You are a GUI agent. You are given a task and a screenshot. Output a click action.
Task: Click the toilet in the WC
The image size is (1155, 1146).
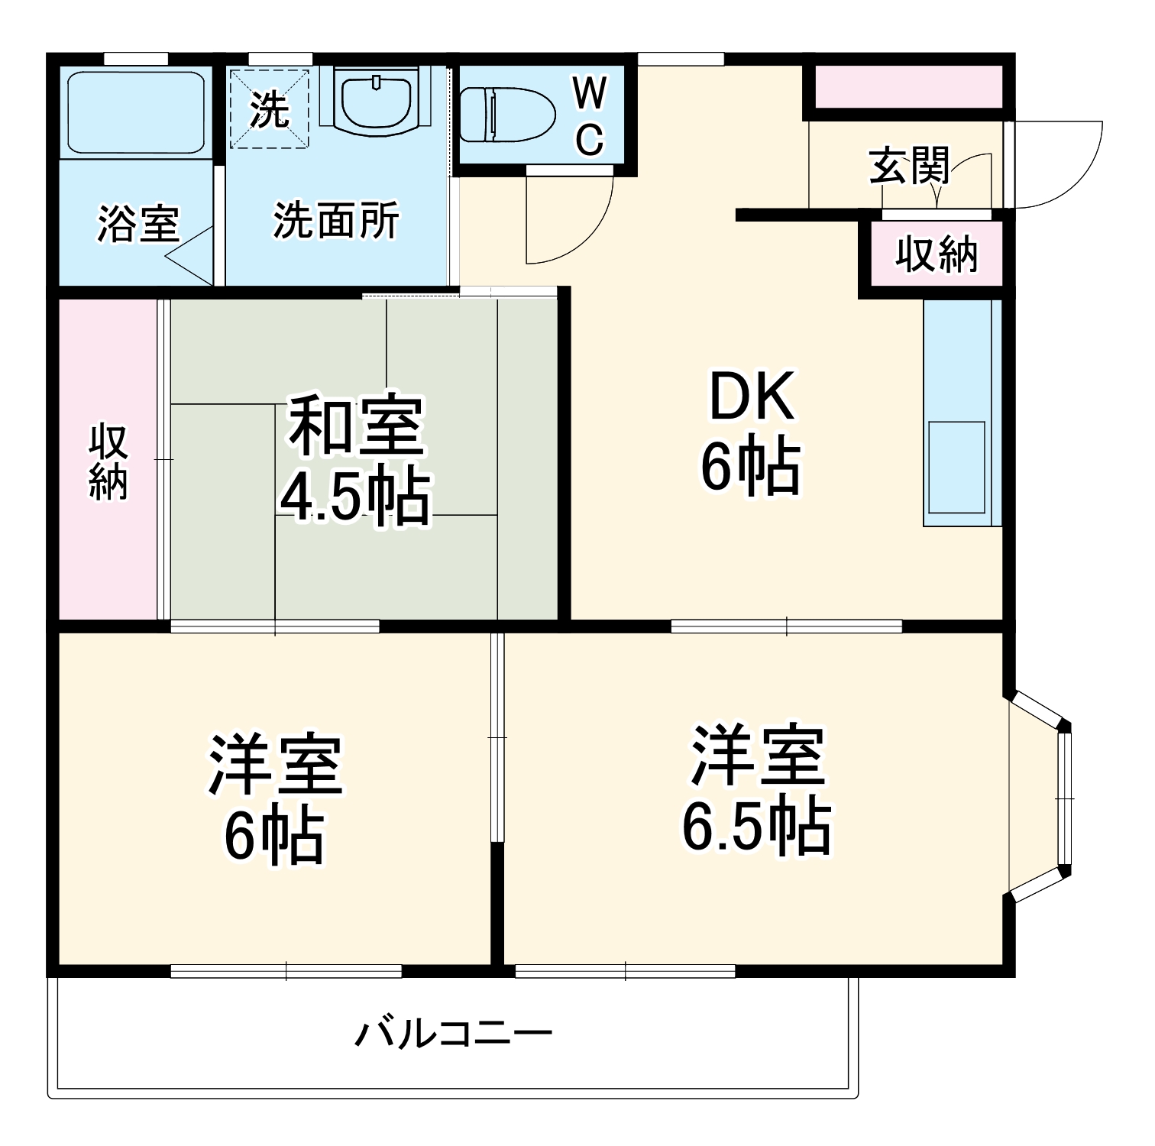coord(508,115)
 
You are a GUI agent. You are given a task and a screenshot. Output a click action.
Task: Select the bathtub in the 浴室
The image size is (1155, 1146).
coord(136,113)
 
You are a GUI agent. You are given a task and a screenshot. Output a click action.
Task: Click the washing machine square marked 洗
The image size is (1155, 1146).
coord(270,109)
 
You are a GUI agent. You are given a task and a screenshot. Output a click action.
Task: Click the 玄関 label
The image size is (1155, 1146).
coord(909,166)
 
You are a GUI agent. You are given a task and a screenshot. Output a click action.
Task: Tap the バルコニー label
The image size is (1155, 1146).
coord(454,1034)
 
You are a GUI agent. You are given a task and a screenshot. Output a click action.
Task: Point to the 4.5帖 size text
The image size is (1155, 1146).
coord(355,497)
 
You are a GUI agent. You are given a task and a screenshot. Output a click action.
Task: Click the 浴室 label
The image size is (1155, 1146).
coord(137,224)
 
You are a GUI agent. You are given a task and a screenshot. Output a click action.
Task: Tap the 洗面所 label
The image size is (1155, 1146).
coord(336,221)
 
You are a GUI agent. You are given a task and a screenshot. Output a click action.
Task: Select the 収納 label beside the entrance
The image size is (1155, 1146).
coord(937,254)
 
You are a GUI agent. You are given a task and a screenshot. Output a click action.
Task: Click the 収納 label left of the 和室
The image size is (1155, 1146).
coord(108,461)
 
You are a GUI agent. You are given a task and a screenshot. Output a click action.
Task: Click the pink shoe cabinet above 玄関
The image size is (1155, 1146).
coord(908,87)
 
